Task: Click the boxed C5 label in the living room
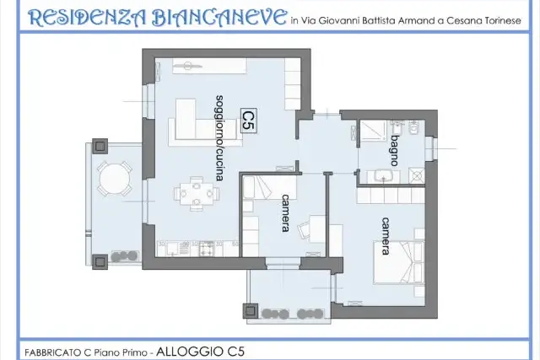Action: pos(248,120)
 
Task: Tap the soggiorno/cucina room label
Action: pos(219,138)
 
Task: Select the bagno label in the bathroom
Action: pos(395,151)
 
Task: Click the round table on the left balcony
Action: pos(115,179)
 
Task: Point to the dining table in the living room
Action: pos(197,193)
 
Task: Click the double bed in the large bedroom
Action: pos(399,262)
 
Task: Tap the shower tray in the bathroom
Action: pos(373,131)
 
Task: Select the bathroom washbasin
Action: pos(384,176)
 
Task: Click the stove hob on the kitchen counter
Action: pos(207,249)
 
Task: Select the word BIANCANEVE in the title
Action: pos(219,18)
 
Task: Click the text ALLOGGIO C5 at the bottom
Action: pos(200,352)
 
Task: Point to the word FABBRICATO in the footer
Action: pos(53,352)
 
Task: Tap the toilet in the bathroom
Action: pos(413,127)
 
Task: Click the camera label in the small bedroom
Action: pos(285,213)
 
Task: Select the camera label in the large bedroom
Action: pos(386,236)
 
